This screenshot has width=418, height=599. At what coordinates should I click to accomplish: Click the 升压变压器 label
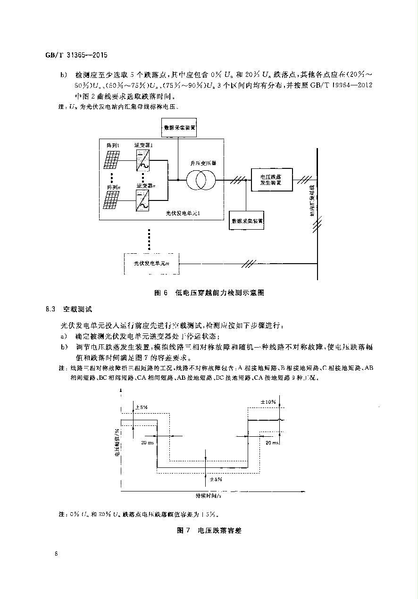click(203, 163)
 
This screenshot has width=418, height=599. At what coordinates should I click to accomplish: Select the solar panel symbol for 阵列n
click(113, 200)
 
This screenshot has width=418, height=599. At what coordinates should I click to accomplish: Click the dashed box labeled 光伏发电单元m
click(151, 264)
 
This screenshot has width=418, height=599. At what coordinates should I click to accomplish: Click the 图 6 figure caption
click(209, 293)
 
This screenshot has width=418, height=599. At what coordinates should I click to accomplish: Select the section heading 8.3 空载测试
click(69, 309)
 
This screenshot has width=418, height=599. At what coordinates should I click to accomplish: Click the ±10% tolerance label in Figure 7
click(268, 402)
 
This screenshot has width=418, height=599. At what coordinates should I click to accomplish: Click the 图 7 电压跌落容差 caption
click(209, 530)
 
